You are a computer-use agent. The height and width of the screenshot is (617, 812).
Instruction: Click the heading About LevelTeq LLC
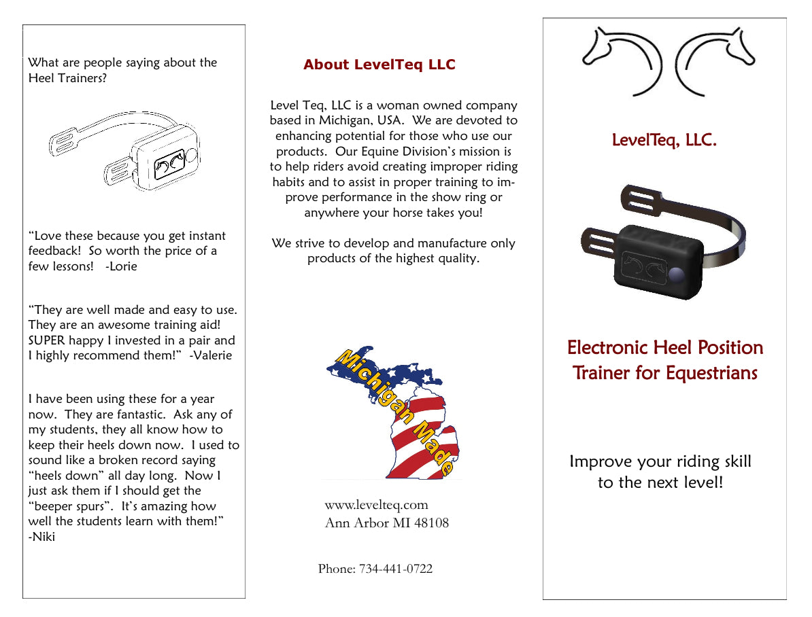point(379,65)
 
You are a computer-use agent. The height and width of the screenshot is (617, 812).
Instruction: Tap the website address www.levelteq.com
point(376,505)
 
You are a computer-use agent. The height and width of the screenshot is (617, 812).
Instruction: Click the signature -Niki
point(41,537)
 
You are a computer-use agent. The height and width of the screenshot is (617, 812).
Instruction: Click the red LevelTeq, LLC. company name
point(664,141)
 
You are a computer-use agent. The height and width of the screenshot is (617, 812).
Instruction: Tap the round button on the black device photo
point(677,275)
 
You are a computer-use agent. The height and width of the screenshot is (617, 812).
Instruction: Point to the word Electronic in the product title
point(607,348)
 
